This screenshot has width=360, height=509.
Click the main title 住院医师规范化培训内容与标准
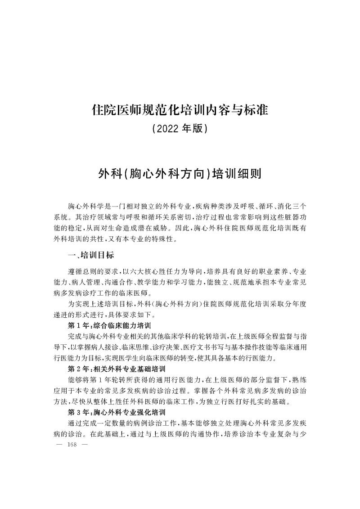[x=180, y=110]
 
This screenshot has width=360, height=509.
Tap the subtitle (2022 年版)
[x=180, y=129]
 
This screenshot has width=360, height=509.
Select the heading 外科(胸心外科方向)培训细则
[x=180, y=174]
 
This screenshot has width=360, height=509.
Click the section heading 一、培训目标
[x=90, y=255]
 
